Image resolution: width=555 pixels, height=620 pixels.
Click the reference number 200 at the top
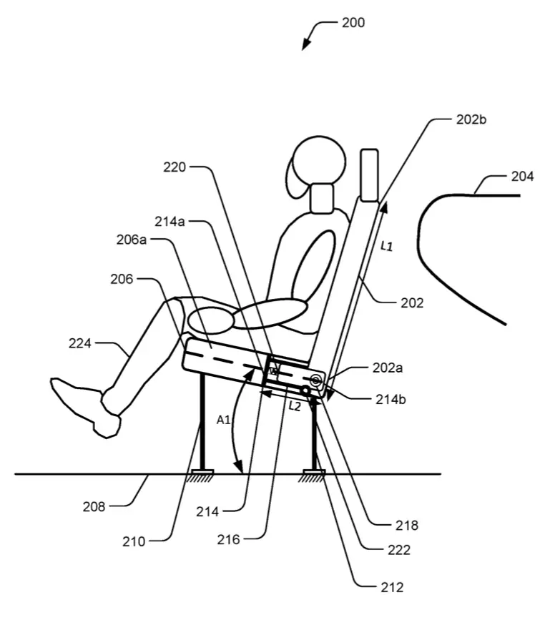353,23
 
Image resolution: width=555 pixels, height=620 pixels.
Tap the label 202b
471,119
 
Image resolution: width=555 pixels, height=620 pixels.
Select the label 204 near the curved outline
522,176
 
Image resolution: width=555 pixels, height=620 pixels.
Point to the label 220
175,167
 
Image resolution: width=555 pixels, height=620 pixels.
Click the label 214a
170,222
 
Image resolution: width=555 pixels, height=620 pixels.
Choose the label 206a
132,240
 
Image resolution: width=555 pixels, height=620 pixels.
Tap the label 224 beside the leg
80,343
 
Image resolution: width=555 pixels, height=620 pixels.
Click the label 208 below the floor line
94,506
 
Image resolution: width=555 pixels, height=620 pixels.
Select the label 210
134,541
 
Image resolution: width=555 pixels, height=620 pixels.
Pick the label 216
228,539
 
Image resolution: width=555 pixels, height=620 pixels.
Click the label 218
407,526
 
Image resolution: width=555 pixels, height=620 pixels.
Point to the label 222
399,550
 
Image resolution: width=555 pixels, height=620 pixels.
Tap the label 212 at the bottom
392,588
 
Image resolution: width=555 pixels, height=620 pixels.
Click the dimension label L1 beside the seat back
386,246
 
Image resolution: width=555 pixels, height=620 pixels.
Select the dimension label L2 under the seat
295,406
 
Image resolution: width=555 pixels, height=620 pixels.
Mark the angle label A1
224,420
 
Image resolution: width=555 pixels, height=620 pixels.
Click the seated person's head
316,163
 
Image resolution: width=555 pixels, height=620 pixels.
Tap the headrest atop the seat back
369,174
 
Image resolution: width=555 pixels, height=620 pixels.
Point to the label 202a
387,368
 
